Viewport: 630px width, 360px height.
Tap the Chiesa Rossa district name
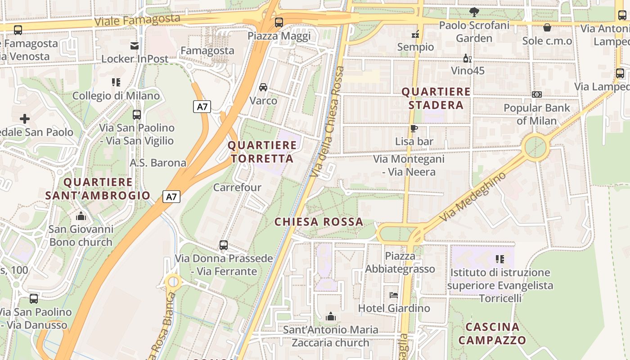319,222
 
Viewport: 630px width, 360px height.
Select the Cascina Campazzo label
492,333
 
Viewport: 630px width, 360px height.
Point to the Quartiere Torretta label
262,152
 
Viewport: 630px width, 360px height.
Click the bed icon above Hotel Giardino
394,295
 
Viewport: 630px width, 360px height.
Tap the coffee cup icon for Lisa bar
414,129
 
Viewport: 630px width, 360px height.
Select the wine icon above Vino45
468,58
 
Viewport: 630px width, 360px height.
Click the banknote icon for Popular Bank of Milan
536,94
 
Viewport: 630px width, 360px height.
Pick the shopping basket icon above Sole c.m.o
547,28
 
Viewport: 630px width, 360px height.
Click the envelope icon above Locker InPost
135,45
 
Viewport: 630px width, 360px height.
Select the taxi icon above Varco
263,87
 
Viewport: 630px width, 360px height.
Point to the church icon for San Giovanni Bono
81,216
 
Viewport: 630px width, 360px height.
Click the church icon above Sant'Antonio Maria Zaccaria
331,317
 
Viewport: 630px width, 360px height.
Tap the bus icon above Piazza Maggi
279,22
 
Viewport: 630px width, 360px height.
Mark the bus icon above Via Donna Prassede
224,245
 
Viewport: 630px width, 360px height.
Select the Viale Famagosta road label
137,20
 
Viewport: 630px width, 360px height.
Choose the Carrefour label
237,187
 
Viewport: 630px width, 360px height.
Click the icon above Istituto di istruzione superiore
499,259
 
